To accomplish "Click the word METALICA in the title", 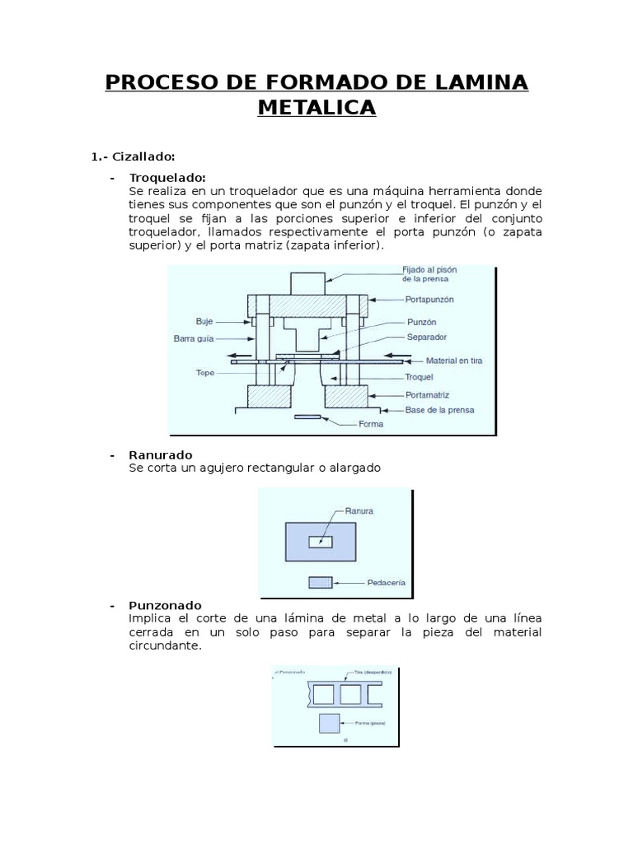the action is [316, 107].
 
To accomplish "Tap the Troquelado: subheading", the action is [167, 177].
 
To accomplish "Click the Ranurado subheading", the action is [161, 454].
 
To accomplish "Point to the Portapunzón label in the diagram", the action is [430, 300].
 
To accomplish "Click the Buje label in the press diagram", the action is [204, 322].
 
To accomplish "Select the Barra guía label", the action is [195, 338].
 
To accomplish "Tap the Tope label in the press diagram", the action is [204, 372].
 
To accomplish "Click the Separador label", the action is [427, 337].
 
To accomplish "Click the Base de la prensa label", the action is [439, 410].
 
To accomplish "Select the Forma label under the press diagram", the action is [371, 425].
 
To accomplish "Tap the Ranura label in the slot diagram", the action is [359, 510].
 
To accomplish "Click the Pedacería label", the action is [386, 583].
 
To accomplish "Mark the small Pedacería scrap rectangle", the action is [321, 582].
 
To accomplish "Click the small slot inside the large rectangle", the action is [321, 542].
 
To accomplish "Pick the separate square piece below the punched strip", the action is [329, 724].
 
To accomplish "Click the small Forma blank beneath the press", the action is [307, 417].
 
